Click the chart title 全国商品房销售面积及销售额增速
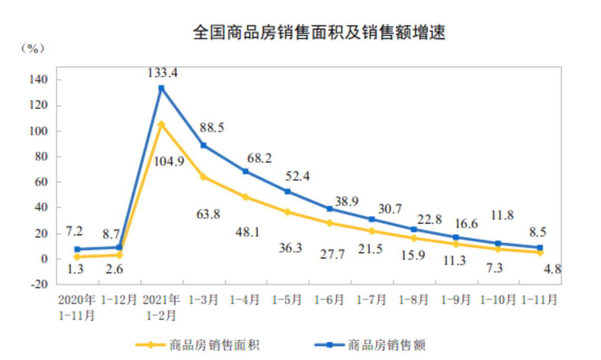click(319, 33)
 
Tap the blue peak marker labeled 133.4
click(161, 88)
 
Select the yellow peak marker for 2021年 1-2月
click(161, 125)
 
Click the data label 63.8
click(208, 214)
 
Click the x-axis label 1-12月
click(119, 300)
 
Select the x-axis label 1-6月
click(329, 300)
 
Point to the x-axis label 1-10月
click(498, 300)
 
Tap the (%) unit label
click(32, 49)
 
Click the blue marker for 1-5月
click(287, 192)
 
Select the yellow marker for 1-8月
click(414, 238)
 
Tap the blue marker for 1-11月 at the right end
click(540, 248)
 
